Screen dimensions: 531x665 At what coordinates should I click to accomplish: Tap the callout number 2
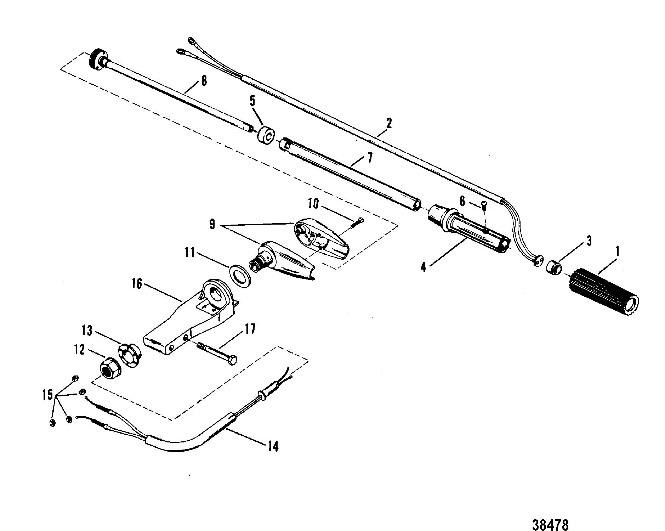coord(389,124)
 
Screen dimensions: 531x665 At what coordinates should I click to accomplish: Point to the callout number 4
coord(424,266)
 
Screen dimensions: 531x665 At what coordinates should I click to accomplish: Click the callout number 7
coord(369,157)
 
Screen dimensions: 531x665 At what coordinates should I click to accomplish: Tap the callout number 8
coord(204,81)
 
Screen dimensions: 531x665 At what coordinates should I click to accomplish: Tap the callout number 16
coord(137,284)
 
